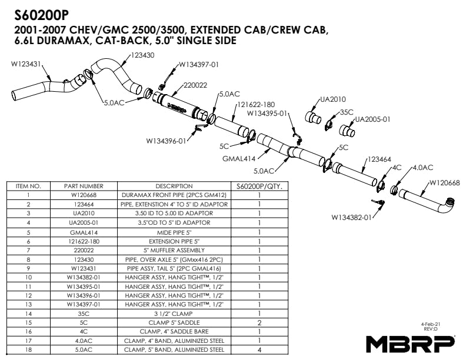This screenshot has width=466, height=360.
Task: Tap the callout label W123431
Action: (26, 65)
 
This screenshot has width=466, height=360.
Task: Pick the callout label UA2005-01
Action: (373, 119)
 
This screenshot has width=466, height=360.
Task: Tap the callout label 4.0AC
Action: (422, 168)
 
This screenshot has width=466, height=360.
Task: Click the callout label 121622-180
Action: (256, 104)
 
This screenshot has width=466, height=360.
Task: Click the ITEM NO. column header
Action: (28, 186)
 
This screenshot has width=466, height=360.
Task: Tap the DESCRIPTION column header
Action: (174, 186)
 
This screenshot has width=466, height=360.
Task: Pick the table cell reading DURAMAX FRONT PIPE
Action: (174, 195)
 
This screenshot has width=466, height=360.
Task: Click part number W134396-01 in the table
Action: (87, 295)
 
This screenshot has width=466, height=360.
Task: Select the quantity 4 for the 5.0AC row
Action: (259, 349)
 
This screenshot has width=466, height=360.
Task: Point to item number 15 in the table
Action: (28, 322)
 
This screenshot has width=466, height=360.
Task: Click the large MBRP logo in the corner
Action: (410, 342)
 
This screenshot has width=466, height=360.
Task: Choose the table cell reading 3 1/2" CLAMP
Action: (174, 314)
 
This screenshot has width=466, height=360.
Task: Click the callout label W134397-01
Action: (198, 64)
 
